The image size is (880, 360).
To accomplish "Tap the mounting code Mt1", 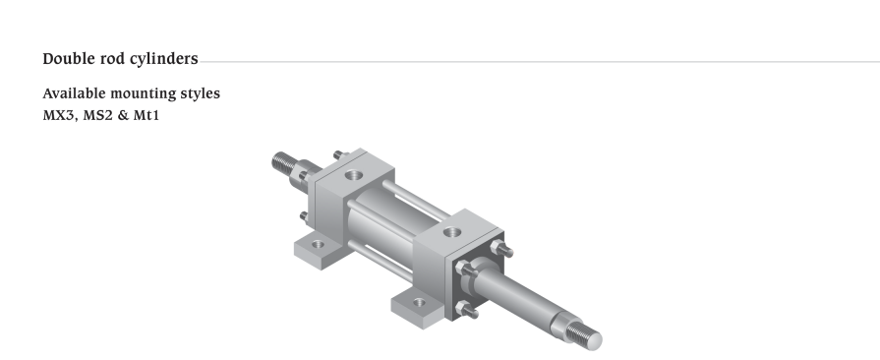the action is pyautogui.click(x=147, y=116).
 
